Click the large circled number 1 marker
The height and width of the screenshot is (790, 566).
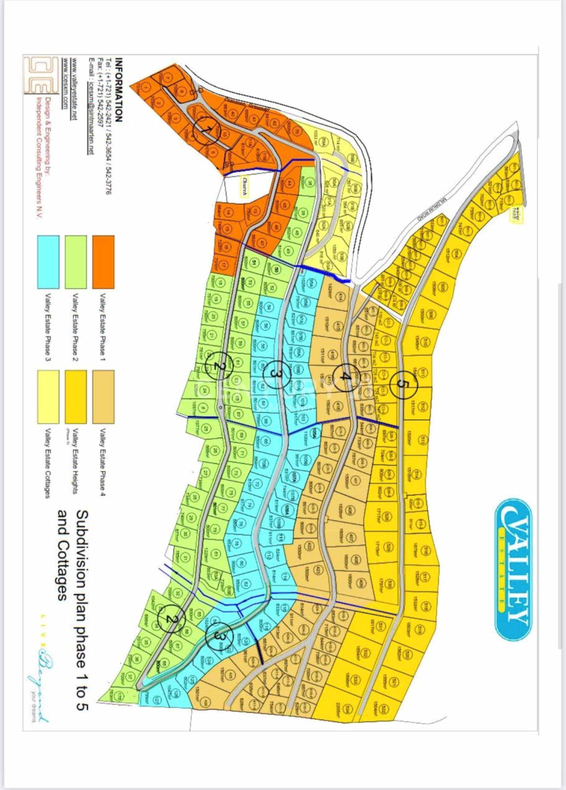pos(206,130)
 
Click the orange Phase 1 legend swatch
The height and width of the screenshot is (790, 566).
pos(103,262)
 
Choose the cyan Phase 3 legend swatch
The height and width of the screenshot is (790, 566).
pos(48,262)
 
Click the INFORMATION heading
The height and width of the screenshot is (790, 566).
pos(119,89)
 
